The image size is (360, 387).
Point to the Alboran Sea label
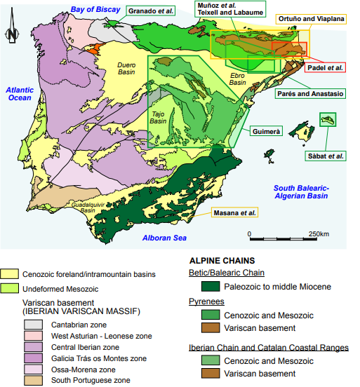[165, 238]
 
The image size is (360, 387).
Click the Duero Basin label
[126, 68]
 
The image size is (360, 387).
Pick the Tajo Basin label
[159, 117]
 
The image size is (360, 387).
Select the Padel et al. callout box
[326, 67]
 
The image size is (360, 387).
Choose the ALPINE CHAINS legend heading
[222, 259]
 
